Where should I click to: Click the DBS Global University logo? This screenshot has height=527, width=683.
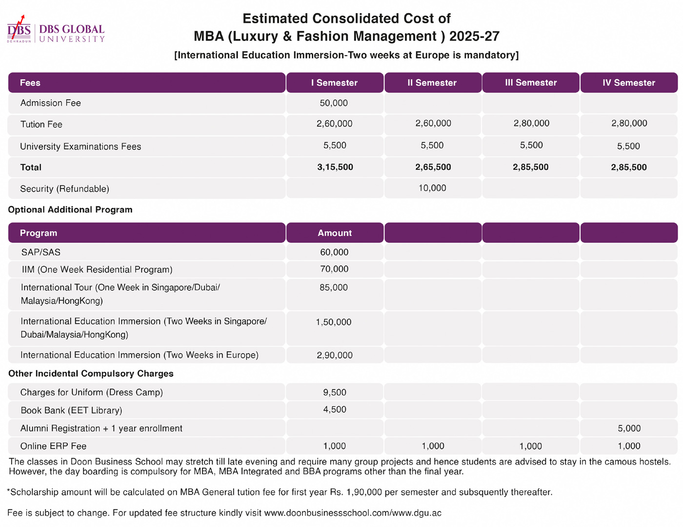pos(56,29)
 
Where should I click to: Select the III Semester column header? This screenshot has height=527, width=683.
pos(531,82)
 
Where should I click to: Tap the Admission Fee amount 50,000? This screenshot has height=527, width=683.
pos(334,103)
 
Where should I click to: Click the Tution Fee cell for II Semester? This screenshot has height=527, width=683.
pos(433,123)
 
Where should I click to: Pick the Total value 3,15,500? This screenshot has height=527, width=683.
pos(335,167)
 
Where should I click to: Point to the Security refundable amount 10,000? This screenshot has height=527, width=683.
pos(432,188)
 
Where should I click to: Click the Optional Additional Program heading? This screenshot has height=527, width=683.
pos(70,210)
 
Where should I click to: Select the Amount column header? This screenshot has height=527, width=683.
pos(335,233)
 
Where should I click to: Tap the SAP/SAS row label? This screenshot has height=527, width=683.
pos(41,252)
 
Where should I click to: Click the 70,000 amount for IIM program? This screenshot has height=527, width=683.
pos(334,269)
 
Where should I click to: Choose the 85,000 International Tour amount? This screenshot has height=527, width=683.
pos(334,287)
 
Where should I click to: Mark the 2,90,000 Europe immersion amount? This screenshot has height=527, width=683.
pos(335,355)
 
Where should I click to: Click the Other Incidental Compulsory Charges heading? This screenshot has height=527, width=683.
pos(91,373)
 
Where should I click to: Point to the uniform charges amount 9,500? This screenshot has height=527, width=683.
pos(335,392)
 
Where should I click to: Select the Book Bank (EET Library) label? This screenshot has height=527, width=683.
pos(71,410)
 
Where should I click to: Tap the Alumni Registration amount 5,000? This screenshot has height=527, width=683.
pos(629,428)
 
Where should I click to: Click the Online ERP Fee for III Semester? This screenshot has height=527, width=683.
pos(531,446)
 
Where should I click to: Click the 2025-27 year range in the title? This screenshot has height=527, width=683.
pos(474,36)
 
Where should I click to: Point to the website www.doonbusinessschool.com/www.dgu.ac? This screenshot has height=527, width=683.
pos(353,513)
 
